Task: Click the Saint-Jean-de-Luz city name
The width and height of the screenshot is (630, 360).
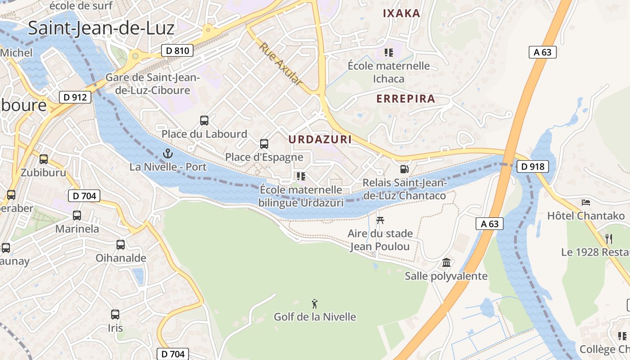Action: [x=101, y=28]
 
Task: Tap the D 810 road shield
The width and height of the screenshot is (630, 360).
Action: [x=177, y=51]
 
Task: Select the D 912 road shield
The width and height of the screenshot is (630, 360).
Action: [x=75, y=97]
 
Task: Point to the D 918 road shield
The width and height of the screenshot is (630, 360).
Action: [x=533, y=166]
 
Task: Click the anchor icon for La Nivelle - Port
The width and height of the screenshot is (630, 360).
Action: [x=168, y=153]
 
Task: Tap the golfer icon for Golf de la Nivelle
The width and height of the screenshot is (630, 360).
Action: [x=315, y=304]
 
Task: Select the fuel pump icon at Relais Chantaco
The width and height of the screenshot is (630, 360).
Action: [x=405, y=169]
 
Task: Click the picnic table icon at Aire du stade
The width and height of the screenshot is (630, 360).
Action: [x=380, y=220]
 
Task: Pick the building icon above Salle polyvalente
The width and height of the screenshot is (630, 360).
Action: [x=446, y=262]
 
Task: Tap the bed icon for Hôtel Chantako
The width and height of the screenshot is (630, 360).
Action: [x=585, y=202]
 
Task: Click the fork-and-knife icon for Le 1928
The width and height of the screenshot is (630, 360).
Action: [x=609, y=238]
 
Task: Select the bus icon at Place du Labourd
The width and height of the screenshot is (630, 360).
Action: [x=204, y=120]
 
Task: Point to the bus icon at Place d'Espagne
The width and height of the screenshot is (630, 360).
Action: [x=264, y=144]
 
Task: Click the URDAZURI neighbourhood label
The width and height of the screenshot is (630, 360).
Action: [x=320, y=139]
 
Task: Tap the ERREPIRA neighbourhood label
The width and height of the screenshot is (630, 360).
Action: [x=405, y=99]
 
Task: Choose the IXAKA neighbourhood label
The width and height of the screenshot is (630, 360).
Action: [x=401, y=13]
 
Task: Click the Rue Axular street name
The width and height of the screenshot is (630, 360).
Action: [x=280, y=64]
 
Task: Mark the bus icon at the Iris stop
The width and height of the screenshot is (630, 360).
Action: [x=115, y=314]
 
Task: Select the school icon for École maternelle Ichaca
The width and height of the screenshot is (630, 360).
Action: [x=389, y=53]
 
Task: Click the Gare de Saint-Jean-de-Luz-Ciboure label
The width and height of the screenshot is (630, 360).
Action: [x=152, y=84]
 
